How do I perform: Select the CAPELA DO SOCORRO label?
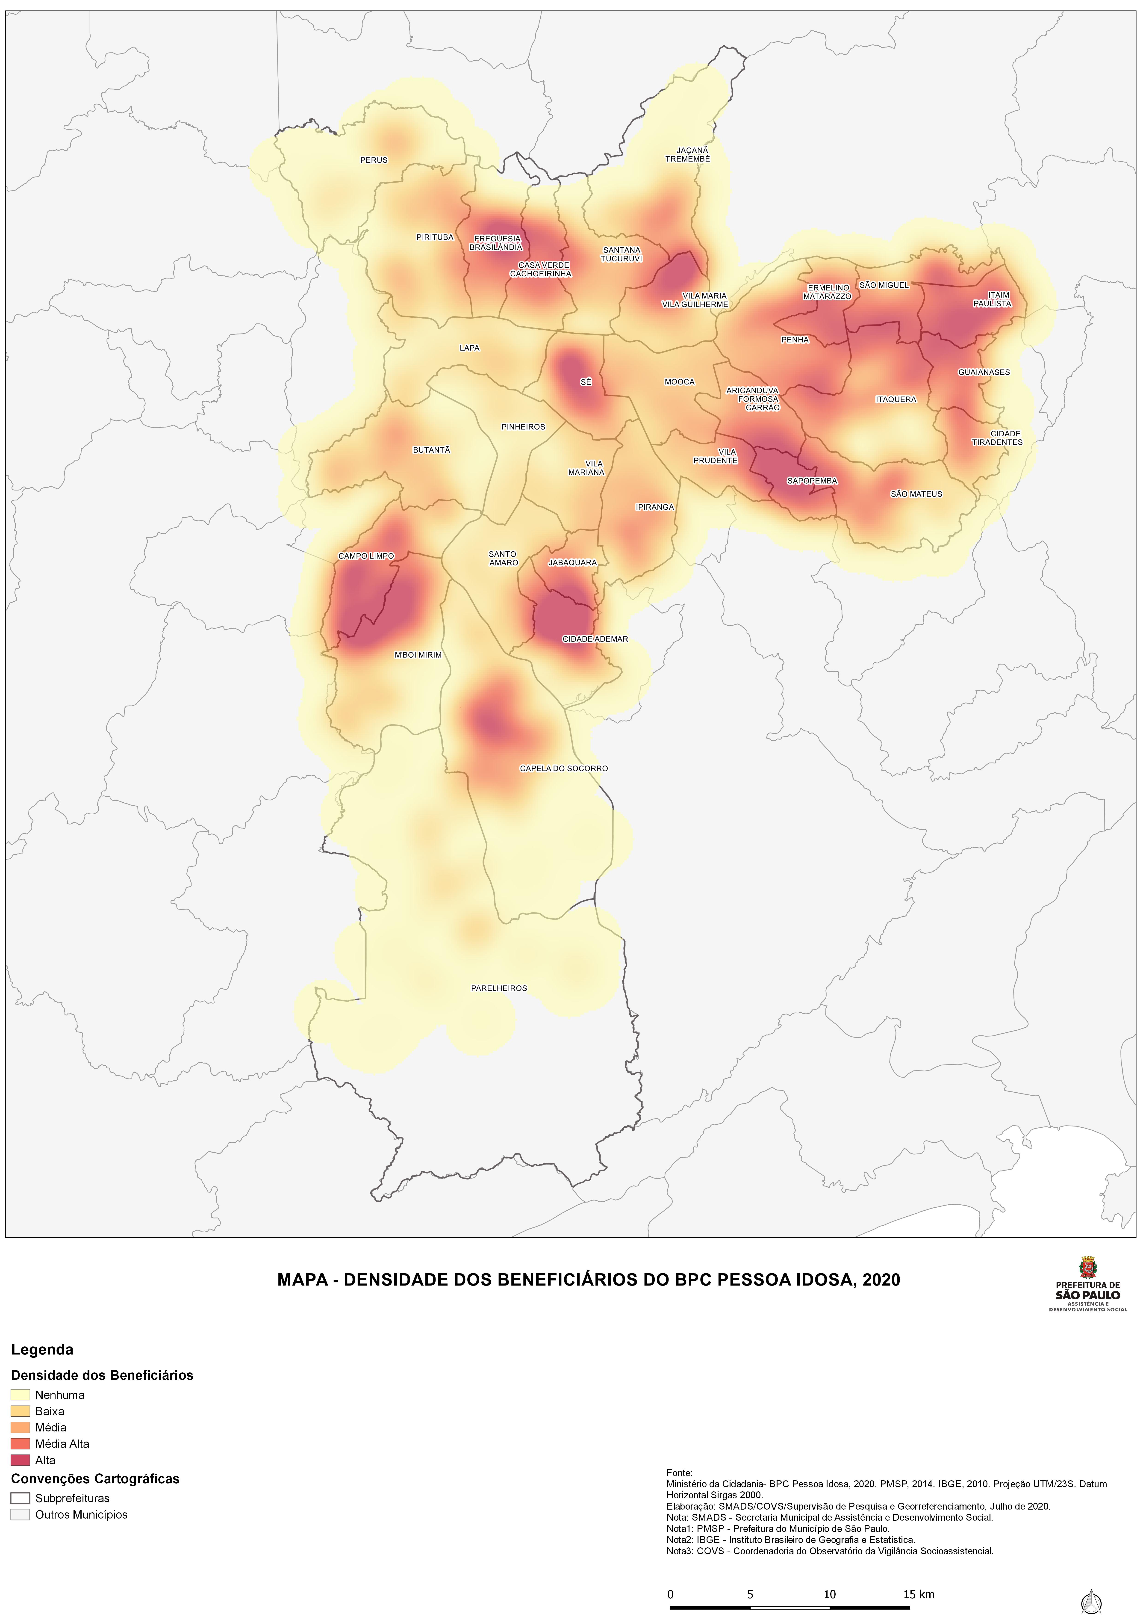tap(563, 768)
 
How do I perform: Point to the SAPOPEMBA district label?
tap(812, 481)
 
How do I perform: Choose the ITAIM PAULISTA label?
tap(992, 299)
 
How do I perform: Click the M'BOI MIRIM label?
tap(418, 655)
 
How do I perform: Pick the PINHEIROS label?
tap(523, 427)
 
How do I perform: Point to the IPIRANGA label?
tap(654, 507)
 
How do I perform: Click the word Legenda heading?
tap(42, 1349)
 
